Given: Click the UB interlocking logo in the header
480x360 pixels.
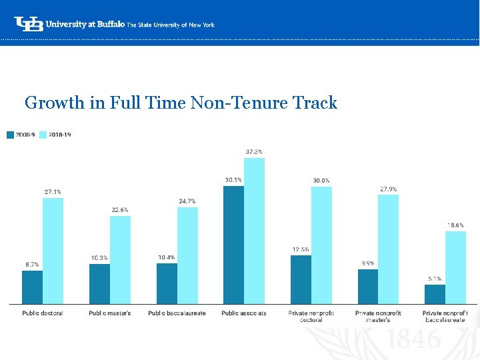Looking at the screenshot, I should pyautogui.click(x=29, y=23).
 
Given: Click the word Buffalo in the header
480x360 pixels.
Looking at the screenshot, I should pyautogui.click(x=109, y=24).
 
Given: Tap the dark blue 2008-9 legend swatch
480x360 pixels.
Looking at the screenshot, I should pyautogui.click(x=10, y=135).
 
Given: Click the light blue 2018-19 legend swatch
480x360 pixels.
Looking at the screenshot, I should pyautogui.click(x=43, y=135).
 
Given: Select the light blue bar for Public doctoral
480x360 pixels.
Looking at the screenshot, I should pyautogui.click(x=53, y=251).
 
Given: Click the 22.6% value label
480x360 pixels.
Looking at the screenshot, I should pyautogui.click(x=120, y=210).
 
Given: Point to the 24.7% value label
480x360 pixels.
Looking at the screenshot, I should pyautogui.click(x=187, y=201).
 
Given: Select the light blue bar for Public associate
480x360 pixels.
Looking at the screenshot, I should pyautogui.click(x=254, y=231).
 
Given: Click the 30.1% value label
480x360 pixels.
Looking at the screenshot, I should pyautogui.click(x=233, y=179).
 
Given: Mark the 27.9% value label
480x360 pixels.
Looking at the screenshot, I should pyautogui.click(x=388, y=189).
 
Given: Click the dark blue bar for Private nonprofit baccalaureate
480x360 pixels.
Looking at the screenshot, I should pyautogui.click(x=435, y=294).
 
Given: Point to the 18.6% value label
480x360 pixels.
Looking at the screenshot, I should pyautogui.click(x=455, y=225).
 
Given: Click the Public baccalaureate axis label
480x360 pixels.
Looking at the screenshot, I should pyautogui.click(x=177, y=313).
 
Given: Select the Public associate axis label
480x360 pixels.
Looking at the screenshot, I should pyautogui.click(x=244, y=313).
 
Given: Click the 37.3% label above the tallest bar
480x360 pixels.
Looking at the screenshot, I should pyautogui.click(x=254, y=151).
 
